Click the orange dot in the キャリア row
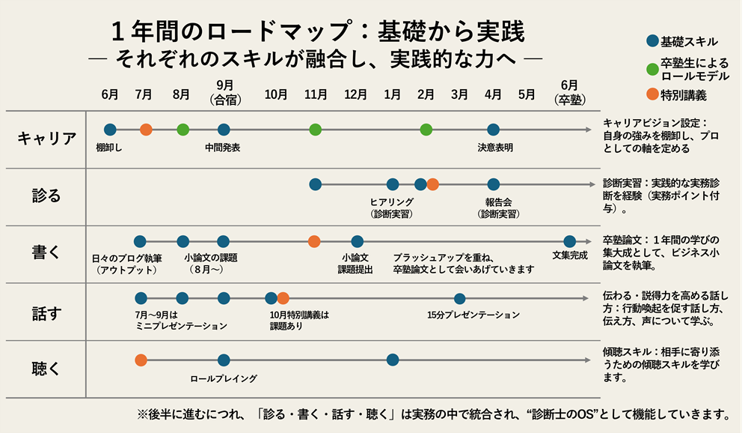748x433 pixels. tap(146, 130)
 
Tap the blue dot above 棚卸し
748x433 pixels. tap(110, 130)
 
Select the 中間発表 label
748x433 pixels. tap(223, 148)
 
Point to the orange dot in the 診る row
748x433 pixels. tap(432, 184)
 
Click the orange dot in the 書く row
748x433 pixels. tap(314, 241)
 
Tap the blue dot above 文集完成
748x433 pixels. tap(569, 241)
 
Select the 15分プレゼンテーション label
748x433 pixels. tap(473, 315)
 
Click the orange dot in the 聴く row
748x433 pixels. tap(141, 360)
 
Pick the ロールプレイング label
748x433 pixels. tap(224, 378)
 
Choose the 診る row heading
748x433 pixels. tap(46, 195)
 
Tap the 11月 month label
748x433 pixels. tap(316, 94)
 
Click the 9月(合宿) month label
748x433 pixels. tap(224, 91)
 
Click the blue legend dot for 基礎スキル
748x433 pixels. tap(652, 42)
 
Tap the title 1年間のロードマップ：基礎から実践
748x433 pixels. tap(318, 31)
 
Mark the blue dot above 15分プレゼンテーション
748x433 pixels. tap(459, 298)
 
